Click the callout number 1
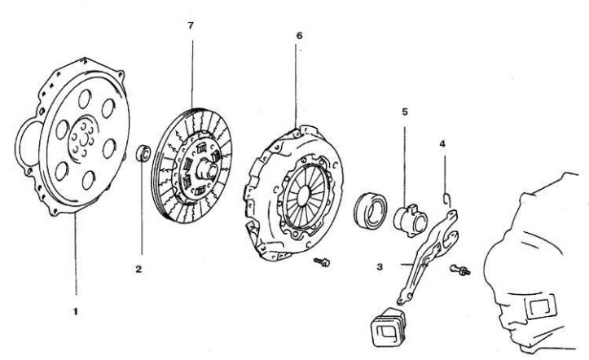click(x=76, y=312)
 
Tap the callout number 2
click(x=138, y=269)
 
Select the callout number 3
click(x=380, y=267)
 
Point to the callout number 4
click(x=442, y=144)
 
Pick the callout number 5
click(x=405, y=112)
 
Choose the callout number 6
click(x=299, y=36)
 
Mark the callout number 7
click(x=191, y=25)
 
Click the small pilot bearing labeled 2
click(x=143, y=153)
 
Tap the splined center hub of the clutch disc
click(x=207, y=168)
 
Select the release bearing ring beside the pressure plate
click(x=371, y=210)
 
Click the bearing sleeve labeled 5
click(x=411, y=221)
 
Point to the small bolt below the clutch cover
click(x=322, y=261)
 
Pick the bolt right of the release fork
click(x=459, y=270)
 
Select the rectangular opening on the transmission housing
click(x=541, y=307)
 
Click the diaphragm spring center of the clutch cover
click(x=303, y=194)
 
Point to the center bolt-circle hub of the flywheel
click(x=83, y=139)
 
